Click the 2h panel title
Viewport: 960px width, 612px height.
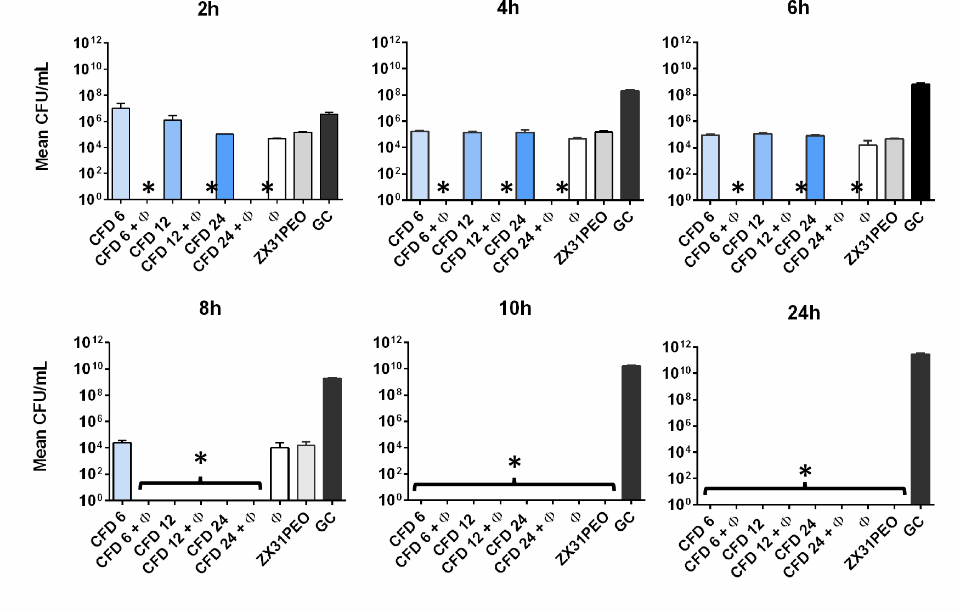[x=208, y=9]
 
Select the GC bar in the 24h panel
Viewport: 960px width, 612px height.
[x=920, y=428]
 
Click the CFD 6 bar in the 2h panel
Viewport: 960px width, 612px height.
[x=121, y=154]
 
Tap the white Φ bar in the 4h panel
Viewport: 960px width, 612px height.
[x=577, y=169]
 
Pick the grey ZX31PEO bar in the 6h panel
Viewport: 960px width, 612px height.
[x=894, y=169]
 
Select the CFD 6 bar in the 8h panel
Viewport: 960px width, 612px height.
[x=122, y=471]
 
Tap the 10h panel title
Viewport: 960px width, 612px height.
[x=515, y=308]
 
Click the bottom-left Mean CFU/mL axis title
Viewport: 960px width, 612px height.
[x=41, y=416]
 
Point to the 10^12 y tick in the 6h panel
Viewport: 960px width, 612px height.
[x=679, y=42]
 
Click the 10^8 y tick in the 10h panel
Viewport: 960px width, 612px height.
[x=391, y=395]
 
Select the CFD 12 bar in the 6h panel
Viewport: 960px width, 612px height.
[x=763, y=166]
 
